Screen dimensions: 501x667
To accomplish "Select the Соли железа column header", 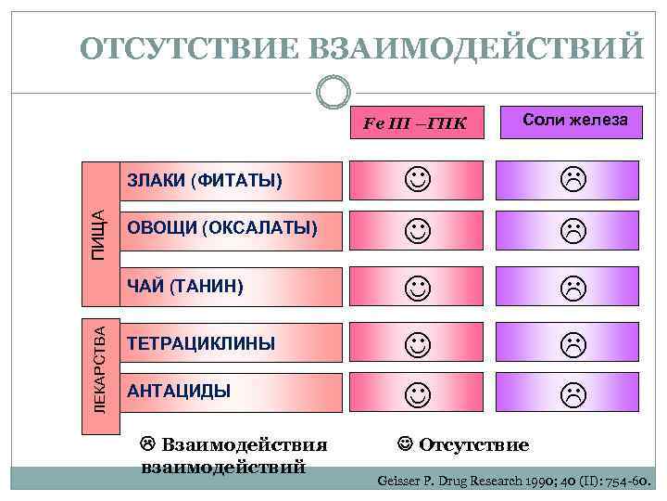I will pos(574,120).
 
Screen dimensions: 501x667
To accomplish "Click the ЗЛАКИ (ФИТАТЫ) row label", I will pos(205,179).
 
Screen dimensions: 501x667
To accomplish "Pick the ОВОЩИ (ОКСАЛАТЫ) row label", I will pos(222,228).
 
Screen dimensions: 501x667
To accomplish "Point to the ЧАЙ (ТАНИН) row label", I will pos(185,286).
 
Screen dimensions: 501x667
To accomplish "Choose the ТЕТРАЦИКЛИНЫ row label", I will pos(201,343).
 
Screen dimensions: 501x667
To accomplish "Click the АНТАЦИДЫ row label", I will pos(179,391).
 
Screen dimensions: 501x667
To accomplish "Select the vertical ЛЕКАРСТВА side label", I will pos(96,366).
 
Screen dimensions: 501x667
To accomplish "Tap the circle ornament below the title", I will pos(333,93).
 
